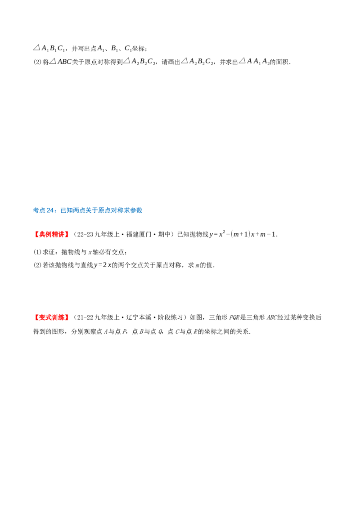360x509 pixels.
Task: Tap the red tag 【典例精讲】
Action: click(x=51, y=234)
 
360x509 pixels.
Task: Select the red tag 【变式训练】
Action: click(x=51, y=317)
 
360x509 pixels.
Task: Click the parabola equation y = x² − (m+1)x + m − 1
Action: click(x=243, y=234)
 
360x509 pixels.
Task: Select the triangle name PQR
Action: click(x=234, y=317)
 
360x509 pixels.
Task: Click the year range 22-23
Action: click(x=85, y=234)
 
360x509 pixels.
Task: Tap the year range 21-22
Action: click(x=85, y=317)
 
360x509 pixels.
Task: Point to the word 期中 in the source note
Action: click(x=164, y=234)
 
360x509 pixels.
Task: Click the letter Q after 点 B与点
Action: click(x=160, y=332)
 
